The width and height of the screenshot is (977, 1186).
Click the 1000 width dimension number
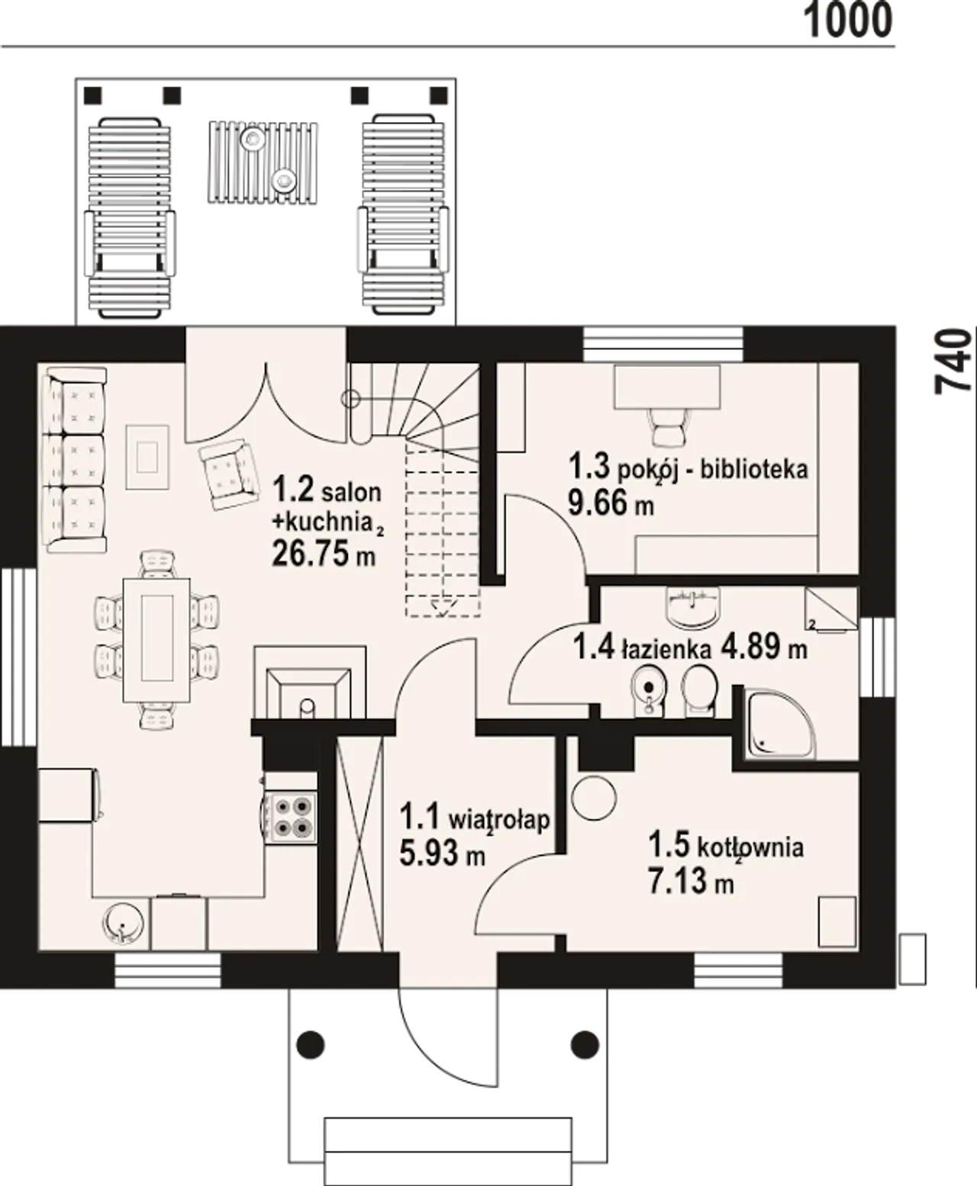pos(847,21)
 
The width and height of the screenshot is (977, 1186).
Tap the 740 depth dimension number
pos(953,361)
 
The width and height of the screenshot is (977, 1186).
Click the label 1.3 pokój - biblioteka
pos(688,468)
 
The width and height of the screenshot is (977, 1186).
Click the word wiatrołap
pos(498,819)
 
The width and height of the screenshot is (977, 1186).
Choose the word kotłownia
pos(750,847)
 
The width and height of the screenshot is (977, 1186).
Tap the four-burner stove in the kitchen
pos(289,817)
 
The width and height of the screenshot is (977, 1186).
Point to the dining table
pos(156,640)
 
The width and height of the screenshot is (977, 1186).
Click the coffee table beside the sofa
pos(147,457)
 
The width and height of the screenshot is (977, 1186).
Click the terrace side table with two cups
pos(263,162)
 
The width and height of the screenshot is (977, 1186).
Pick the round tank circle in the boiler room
pos(594,798)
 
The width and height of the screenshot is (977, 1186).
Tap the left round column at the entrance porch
pos(311,1045)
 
